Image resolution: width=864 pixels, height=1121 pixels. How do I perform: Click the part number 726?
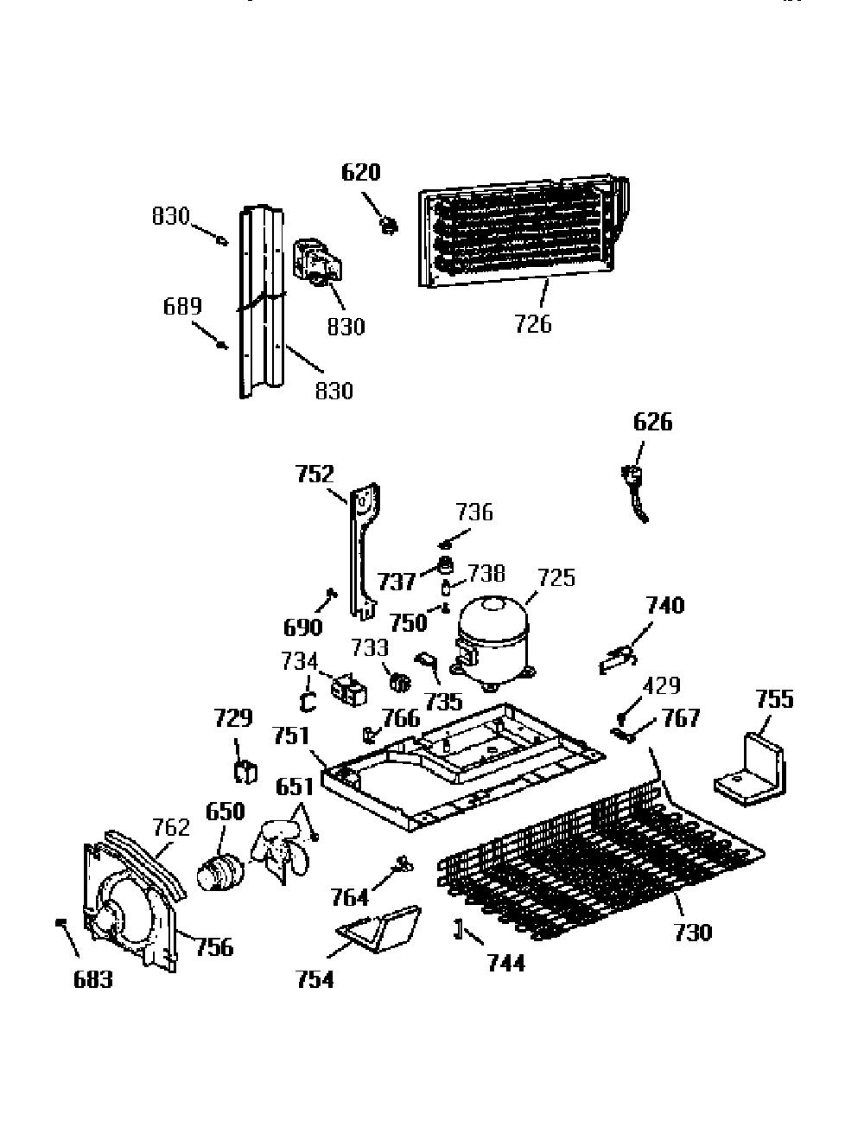(533, 324)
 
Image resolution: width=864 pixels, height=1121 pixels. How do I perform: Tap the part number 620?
(361, 172)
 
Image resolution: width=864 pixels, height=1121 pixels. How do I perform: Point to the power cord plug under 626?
(634, 494)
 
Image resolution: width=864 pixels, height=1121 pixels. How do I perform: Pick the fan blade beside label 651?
(281, 852)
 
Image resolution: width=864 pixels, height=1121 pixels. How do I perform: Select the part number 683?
(93, 979)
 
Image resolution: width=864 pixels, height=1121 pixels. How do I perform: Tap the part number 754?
(315, 979)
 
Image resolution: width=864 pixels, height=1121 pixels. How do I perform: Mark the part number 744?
(506, 963)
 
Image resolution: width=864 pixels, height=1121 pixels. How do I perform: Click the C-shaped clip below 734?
(308, 703)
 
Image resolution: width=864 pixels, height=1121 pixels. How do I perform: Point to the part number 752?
(314, 474)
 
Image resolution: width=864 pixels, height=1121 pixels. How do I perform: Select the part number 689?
(182, 307)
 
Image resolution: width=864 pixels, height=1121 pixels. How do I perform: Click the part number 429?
(662, 685)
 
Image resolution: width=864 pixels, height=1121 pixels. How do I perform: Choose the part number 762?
(171, 827)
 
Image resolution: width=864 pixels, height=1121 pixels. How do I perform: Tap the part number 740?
(665, 605)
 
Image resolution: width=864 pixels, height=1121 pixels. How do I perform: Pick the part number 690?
(303, 627)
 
